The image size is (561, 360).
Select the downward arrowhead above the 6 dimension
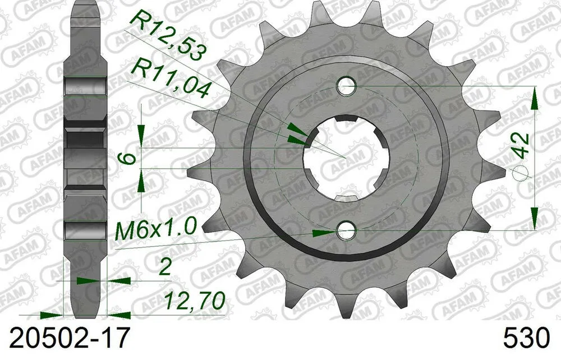pos(141,135)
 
